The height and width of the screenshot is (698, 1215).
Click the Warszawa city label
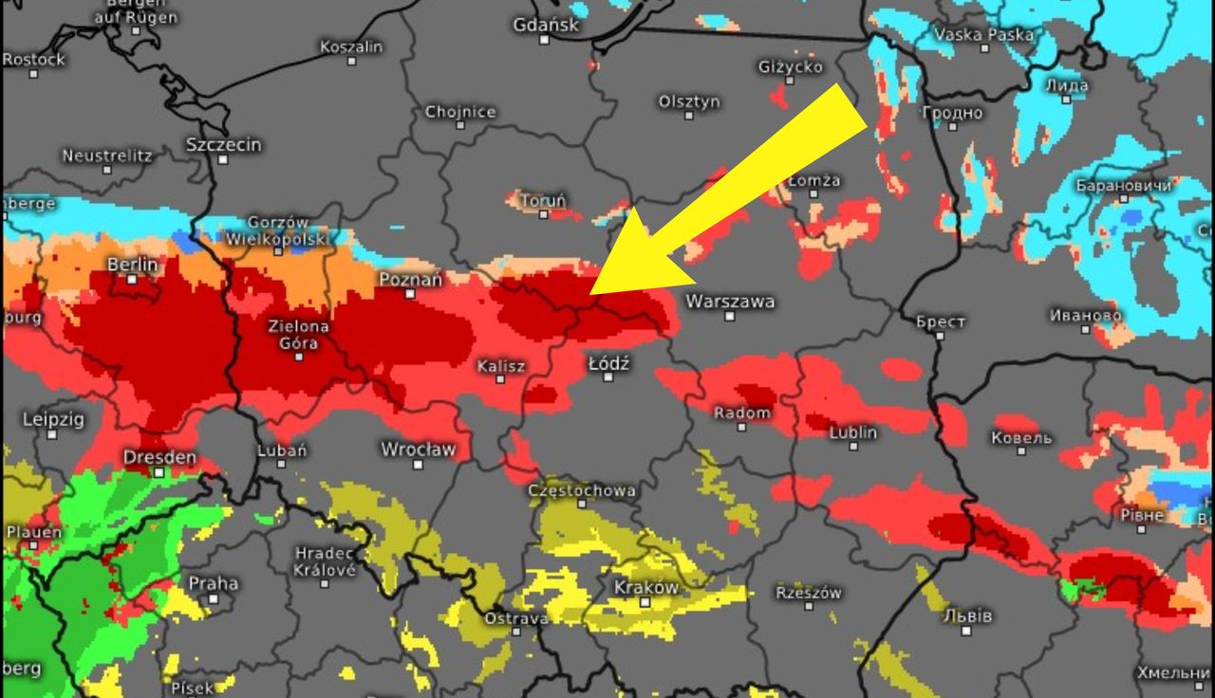[x=729, y=302]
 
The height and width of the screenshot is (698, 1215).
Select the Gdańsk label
[x=546, y=25]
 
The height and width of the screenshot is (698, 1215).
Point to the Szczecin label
[x=223, y=145]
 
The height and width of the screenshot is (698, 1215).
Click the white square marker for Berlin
[x=132, y=279]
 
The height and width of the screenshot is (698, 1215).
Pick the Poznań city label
[x=410, y=280]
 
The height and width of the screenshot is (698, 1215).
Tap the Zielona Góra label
[x=298, y=334]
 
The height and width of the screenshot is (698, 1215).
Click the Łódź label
[x=608, y=363]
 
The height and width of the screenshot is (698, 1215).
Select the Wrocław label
[x=418, y=449]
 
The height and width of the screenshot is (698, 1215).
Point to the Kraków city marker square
[x=645, y=602]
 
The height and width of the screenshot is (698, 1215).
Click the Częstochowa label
[x=582, y=490]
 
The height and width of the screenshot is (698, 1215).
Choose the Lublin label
[x=852, y=432]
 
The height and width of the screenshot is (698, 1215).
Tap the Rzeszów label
[x=809, y=593]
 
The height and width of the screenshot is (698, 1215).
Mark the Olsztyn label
[x=689, y=101]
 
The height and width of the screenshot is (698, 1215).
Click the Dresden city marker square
[x=159, y=471]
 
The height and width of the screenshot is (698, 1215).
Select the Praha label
[x=213, y=583]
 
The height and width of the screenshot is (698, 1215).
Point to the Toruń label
[x=544, y=201]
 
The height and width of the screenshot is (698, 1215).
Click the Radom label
[x=741, y=413]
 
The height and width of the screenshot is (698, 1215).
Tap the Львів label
[x=967, y=615]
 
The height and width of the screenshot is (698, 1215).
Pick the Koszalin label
[x=351, y=46]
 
